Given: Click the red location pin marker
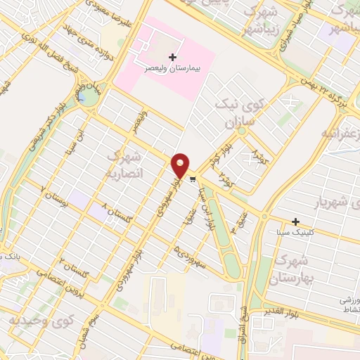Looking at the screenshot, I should pos(181,165).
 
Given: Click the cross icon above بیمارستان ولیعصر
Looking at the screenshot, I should pos(172,56).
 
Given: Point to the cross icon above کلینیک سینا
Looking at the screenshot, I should pos(296,221).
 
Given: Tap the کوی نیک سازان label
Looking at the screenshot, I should pos(242,115).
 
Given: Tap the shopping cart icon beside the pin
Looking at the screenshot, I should pos(193,180).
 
